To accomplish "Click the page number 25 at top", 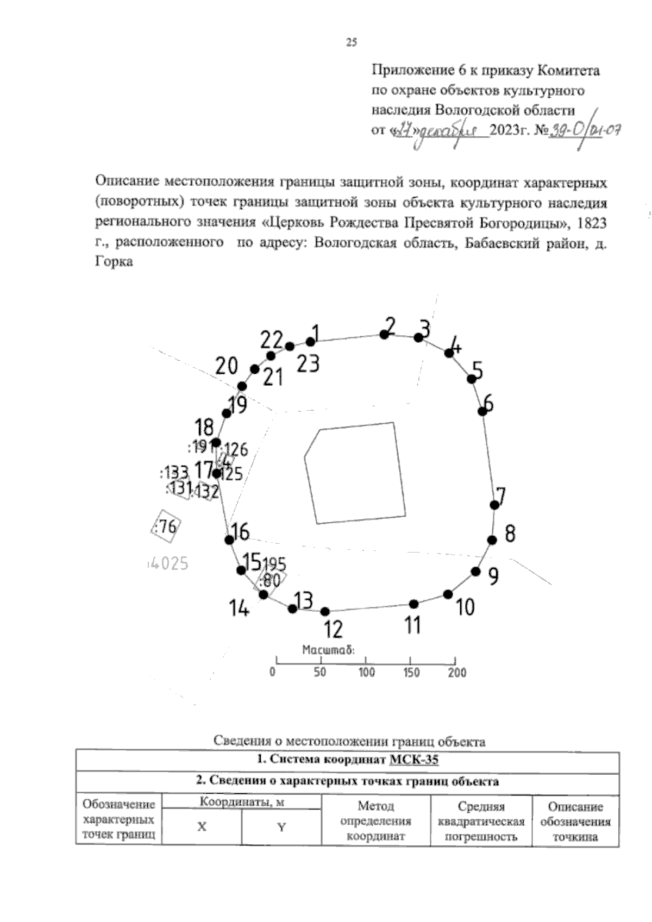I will [352, 43].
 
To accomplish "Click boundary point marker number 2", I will [384, 335].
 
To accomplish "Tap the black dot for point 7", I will [494, 505].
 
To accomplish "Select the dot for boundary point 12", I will [325, 612].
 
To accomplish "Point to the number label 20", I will [227, 366].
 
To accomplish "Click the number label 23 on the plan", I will [308, 363].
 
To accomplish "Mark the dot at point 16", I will [229, 540].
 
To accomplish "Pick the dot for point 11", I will [413, 604].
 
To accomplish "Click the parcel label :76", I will [166, 526].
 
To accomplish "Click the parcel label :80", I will [270, 581].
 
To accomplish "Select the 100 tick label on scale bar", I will [366, 673].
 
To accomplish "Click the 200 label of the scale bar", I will [457, 673].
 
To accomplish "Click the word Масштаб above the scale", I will [328, 649].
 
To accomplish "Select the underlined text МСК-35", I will [414, 760].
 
